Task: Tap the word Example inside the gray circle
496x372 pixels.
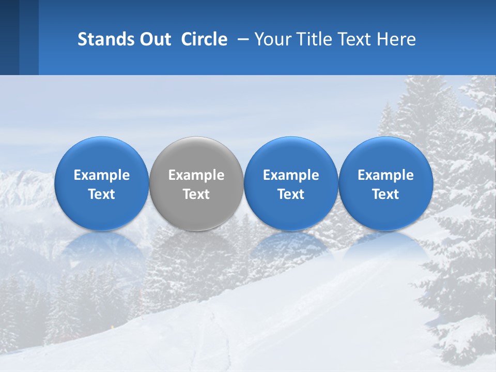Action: click(x=196, y=175)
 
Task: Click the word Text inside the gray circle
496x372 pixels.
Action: click(x=196, y=194)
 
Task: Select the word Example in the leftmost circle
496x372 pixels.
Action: click(x=102, y=175)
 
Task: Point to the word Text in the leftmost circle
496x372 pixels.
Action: click(x=102, y=194)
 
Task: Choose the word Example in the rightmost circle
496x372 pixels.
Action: click(x=385, y=175)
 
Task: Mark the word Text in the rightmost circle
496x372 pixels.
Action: click(x=385, y=194)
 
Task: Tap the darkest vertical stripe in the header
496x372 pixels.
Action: click(x=9, y=37)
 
